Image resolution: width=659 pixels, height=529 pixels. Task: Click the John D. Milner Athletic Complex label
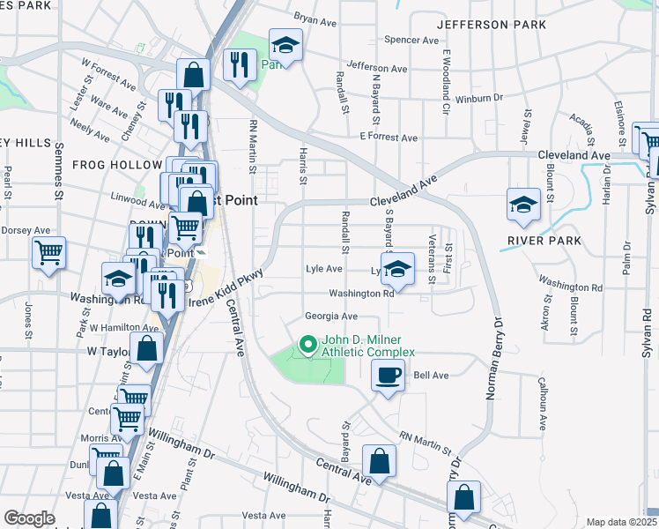click(367, 346)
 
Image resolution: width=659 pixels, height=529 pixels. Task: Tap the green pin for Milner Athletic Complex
click(307, 344)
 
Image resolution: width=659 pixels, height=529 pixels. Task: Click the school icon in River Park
click(523, 205)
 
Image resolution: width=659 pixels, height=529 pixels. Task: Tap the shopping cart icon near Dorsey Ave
click(49, 252)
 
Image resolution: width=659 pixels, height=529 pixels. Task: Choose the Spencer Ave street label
click(411, 40)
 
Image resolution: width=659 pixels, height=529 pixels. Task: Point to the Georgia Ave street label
click(331, 316)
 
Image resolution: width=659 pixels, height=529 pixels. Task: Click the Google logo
click(29, 518)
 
